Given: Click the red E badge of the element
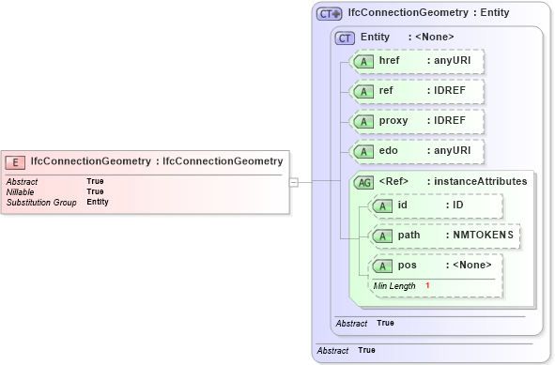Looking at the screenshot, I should click(17, 161).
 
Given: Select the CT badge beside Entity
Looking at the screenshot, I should click(346, 37).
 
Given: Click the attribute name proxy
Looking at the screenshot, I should click(393, 122).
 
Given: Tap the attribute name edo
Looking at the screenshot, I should click(390, 151).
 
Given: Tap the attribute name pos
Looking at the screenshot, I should click(407, 265).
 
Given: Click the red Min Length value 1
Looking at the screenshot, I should click(427, 285).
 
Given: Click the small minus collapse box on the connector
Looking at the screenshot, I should click(293, 182).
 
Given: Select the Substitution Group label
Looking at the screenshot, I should click(41, 202).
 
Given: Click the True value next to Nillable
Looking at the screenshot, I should click(95, 191).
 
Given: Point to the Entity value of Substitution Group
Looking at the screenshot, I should click(98, 202).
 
